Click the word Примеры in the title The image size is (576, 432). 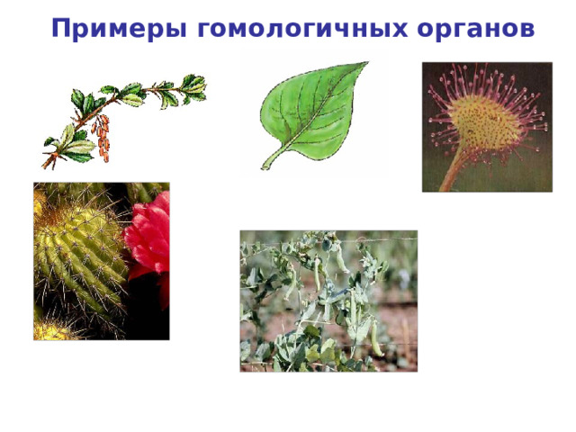click(120, 30)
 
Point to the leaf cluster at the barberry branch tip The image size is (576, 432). click(193, 87)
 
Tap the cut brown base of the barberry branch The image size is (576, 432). click(44, 165)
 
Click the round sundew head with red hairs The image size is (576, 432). click(485, 121)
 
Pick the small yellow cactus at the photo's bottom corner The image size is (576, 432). click(49, 330)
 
